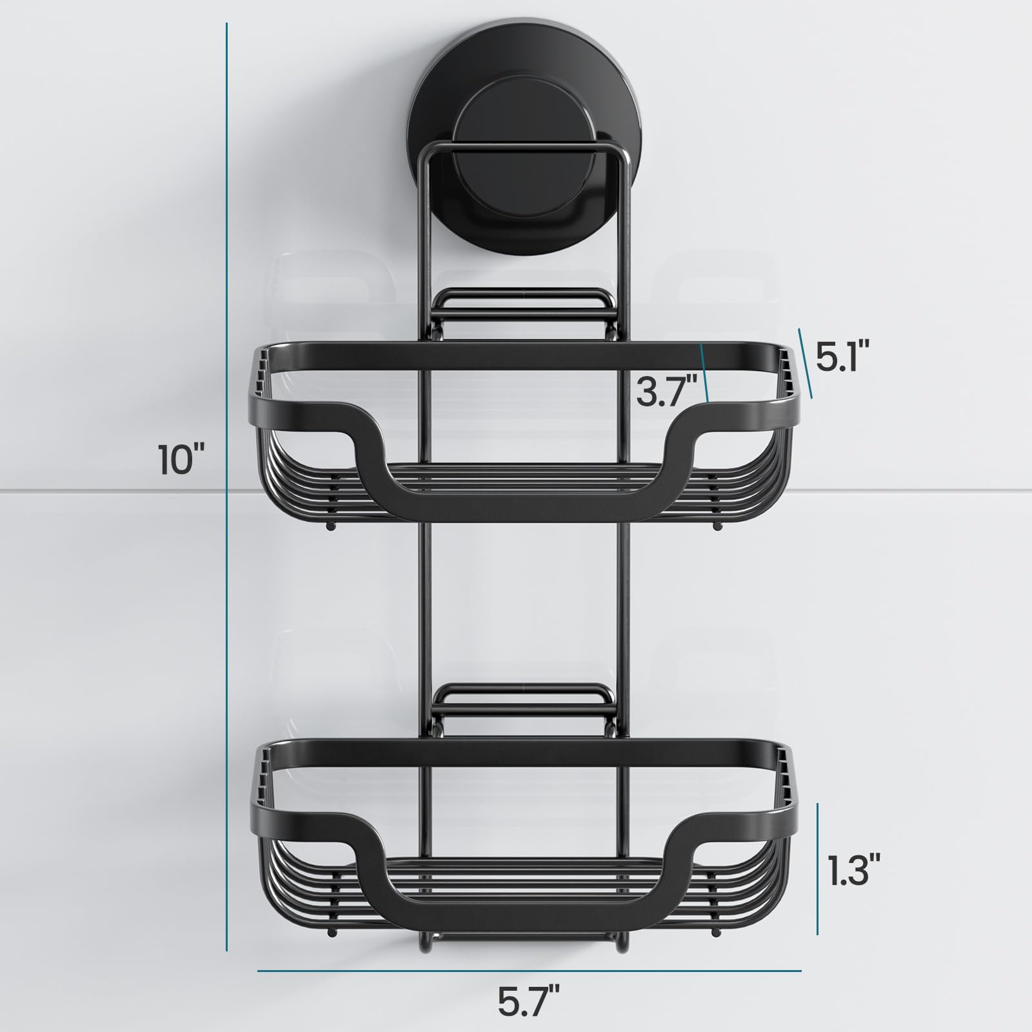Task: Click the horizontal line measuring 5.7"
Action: [x=529, y=970]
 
